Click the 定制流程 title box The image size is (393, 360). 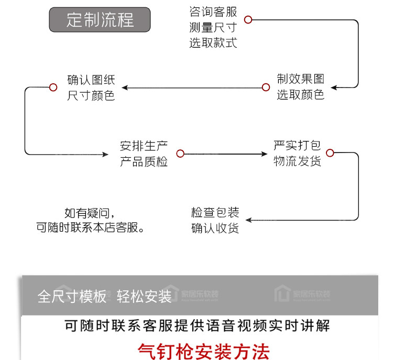(x=100, y=20)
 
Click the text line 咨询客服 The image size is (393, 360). (x=213, y=12)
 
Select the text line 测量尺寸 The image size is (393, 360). (x=213, y=27)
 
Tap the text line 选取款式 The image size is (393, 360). (x=213, y=43)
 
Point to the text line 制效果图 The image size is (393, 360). (x=301, y=79)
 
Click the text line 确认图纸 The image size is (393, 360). (x=91, y=80)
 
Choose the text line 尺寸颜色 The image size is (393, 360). (x=91, y=96)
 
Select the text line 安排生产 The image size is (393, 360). (x=144, y=146)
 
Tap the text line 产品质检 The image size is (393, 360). (x=144, y=161)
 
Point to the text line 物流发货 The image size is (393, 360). (x=297, y=161)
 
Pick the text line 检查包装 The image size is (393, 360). (x=215, y=212)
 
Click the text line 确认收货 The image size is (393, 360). (x=215, y=228)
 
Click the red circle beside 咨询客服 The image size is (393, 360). (x=248, y=20)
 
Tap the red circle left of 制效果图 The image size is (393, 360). (x=266, y=88)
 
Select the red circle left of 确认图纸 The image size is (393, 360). (x=53, y=88)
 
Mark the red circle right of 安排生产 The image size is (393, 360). (x=180, y=154)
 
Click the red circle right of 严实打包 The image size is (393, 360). (x=330, y=153)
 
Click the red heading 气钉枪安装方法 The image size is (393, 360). (x=203, y=350)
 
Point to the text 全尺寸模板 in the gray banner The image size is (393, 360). (x=72, y=297)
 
